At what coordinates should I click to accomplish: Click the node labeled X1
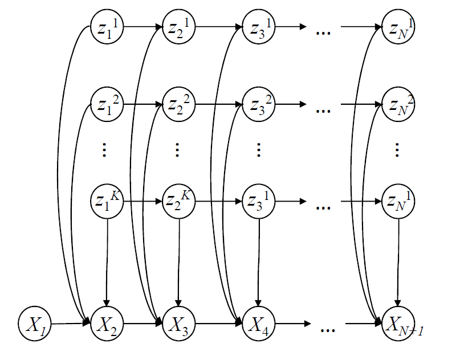[x=35, y=324]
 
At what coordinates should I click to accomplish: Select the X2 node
[x=107, y=324]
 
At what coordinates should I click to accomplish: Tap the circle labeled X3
[x=178, y=324]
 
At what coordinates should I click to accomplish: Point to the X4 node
[x=258, y=324]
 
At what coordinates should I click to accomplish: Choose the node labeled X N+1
[x=398, y=324]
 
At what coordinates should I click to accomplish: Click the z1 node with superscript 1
[x=107, y=27]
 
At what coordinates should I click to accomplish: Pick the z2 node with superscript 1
[x=178, y=27]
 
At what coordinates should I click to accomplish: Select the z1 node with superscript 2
[x=107, y=104]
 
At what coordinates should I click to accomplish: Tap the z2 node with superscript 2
[x=178, y=104]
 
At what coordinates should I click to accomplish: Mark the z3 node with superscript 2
[x=258, y=104]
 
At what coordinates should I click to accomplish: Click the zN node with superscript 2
[x=398, y=104]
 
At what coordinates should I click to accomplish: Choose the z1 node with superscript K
[x=107, y=202]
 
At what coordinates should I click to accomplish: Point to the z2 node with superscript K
[x=178, y=202]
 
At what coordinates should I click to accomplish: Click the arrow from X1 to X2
[x=71, y=324]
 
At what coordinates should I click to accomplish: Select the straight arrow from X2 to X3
[x=143, y=324]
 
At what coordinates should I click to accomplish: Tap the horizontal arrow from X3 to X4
[x=218, y=324]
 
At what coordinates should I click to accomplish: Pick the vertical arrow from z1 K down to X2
[x=107, y=263]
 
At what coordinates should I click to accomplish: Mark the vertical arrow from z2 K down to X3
[x=178, y=263]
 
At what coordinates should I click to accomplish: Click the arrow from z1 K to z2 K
[x=143, y=202]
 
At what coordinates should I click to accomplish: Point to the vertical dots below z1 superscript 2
[x=104, y=150]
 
